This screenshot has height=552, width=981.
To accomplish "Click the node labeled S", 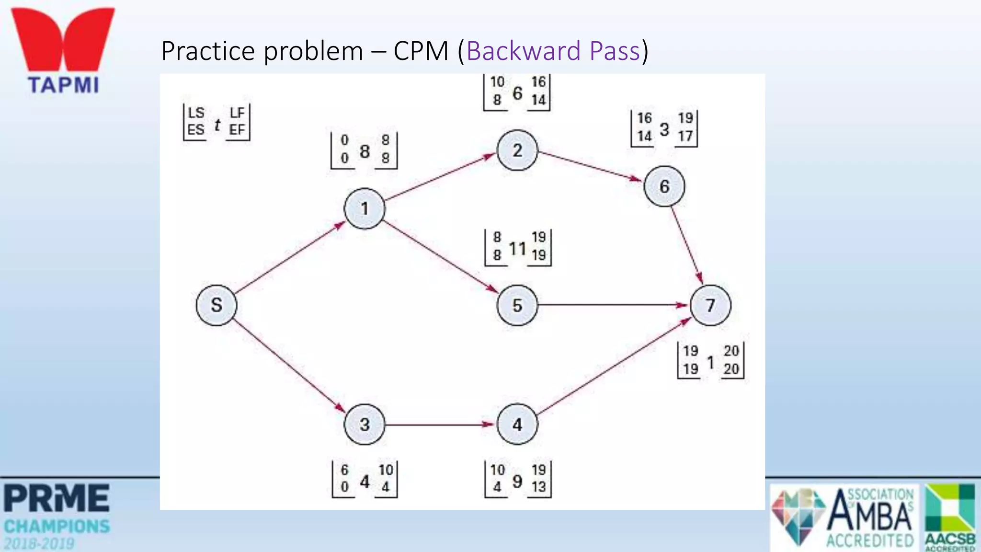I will [x=217, y=305].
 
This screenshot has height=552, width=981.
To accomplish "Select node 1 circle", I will [x=365, y=208].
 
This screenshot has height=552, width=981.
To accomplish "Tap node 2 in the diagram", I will [x=517, y=150].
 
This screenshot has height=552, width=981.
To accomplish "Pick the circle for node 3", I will [x=365, y=425].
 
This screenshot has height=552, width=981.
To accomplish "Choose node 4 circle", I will [x=517, y=425].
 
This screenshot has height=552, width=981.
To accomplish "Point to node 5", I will [x=517, y=305].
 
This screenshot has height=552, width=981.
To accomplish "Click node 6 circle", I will [x=664, y=186].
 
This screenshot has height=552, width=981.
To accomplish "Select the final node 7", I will [x=711, y=305].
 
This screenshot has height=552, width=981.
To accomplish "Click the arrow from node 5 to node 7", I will [x=613, y=305].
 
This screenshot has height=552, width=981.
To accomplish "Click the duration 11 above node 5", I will [x=517, y=248].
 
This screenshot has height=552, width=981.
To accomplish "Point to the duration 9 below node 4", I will [x=517, y=481].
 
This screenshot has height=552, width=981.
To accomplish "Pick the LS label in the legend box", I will [x=196, y=113].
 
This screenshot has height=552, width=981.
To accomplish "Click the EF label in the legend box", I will [x=237, y=130].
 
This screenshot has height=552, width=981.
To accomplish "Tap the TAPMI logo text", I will [x=63, y=85].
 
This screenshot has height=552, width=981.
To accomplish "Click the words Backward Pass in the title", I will [x=553, y=51].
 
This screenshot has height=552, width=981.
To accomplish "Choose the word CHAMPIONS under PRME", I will [x=57, y=526].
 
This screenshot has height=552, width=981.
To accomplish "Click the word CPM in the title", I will [x=421, y=51].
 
